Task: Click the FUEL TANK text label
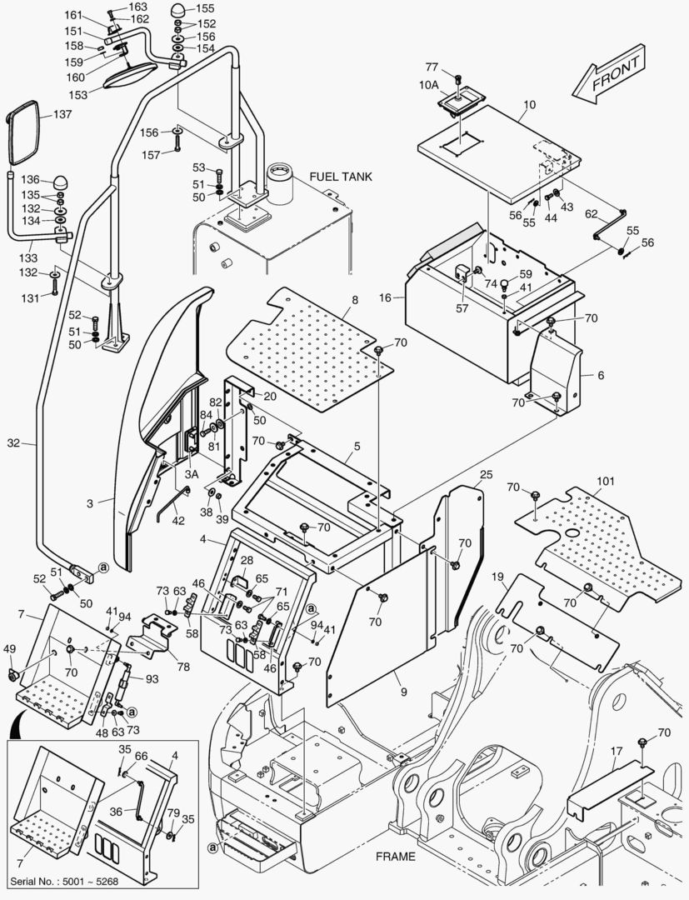click(x=341, y=177)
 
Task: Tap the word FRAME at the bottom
click(x=396, y=856)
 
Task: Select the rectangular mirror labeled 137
click(x=22, y=133)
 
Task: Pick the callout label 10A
click(x=428, y=84)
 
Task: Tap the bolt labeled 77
click(x=456, y=80)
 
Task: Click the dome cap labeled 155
click(x=179, y=11)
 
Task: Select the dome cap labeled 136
click(x=62, y=182)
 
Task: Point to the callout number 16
click(x=385, y=296)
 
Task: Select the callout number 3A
click(x=191, y=474)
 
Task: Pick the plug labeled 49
click(x=12, y=672)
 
